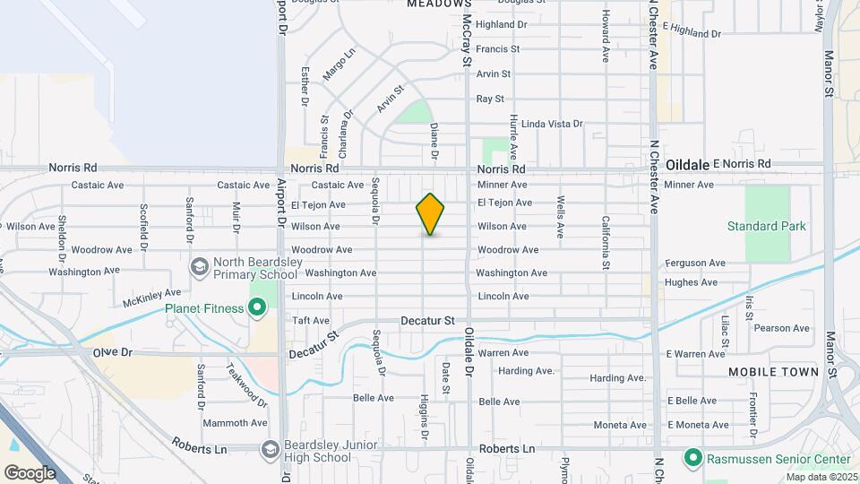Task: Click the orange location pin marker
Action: [430, 214]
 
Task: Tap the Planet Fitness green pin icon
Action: [257, 309]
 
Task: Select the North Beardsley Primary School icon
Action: [198, 266]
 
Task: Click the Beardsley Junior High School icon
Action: [270, 450]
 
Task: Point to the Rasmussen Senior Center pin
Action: [692, 459]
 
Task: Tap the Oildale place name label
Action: [687, 165]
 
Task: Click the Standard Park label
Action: [766, 226]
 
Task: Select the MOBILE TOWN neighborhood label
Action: [773, 371]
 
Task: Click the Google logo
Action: [30, 472]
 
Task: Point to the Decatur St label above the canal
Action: [428, 319]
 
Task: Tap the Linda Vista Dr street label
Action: [552, 124]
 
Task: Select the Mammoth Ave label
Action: [235, 423]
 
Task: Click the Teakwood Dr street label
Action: [240, 382]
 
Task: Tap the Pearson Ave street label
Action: [781, 328]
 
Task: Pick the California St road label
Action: [606, 243]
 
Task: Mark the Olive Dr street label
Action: [112, 352]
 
